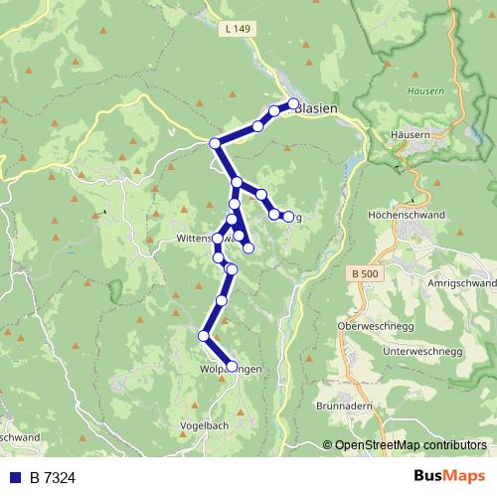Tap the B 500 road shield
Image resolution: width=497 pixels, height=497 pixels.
(365, 272)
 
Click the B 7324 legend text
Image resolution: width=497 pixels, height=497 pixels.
(52, 478)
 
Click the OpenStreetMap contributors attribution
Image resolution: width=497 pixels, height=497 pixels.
(411, 445)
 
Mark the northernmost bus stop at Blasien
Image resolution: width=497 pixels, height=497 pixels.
(294, 103)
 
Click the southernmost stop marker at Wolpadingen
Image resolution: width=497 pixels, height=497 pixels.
(233, 366)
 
